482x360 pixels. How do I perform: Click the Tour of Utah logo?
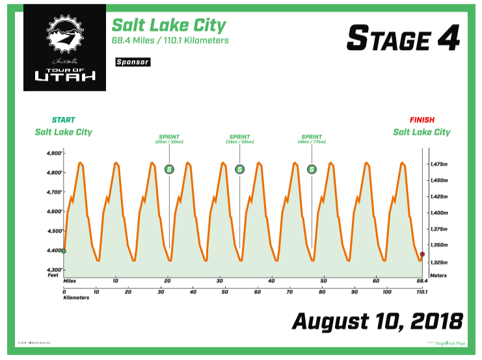coord(64,47)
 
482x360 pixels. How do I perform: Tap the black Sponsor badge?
coord(132,62)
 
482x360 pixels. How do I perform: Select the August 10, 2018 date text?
coord(377,320)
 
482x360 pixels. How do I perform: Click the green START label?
coord(63,120)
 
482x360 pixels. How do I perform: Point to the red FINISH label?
coord(422,120)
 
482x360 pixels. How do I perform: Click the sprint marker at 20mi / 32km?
coord(170,170)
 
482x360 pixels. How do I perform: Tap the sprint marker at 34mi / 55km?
coord(240,170)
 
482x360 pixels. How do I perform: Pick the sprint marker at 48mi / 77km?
coord(312,170)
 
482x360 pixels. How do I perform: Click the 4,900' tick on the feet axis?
coord(53,153)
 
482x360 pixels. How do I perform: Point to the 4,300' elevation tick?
coord(53,270)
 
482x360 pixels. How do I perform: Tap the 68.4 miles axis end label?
coord(422,281)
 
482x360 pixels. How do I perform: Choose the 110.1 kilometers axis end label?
coord(422,293)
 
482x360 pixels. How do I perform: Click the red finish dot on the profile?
coord(422,254)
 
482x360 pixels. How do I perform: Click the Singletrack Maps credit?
coord(451,343)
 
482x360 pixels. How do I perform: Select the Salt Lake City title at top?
coord(169,25)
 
